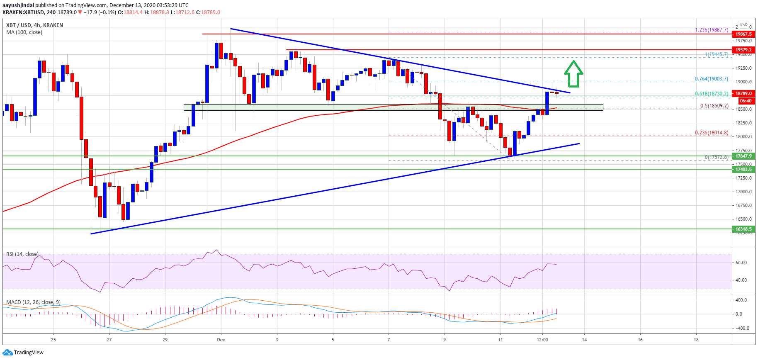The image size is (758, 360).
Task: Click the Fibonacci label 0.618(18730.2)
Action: click(711, 94)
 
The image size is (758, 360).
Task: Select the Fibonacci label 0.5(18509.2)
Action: click(714, 106)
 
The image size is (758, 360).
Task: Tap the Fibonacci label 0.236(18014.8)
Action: click(711, 133)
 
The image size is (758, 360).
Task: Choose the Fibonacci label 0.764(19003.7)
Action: click(711, 79)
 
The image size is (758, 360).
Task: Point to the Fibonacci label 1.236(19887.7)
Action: click(711, 30)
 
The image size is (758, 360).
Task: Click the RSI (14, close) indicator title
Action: click(22, 254)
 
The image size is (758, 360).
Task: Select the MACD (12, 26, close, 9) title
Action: click(33, 302)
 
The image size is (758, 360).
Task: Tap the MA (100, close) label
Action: click(24, 32)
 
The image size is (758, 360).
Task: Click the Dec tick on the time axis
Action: click(221, 340)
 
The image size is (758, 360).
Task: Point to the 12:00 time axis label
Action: click(542, 340)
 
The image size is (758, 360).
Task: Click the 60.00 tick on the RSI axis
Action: click(741, 263)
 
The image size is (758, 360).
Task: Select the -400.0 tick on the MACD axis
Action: click(741, 328)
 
